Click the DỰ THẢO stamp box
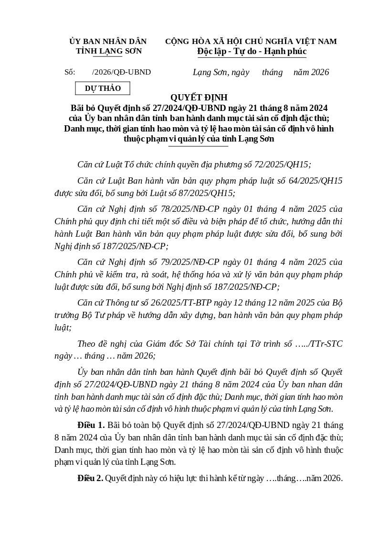click(x=103, y=88)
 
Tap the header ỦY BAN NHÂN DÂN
click(x=108, y=42)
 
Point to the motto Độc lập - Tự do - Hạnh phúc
click(x=252, y=51)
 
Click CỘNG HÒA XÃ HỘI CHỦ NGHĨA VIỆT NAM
click(x=251, y=42)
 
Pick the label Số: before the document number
click(x=70, y=72)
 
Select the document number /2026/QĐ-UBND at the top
click(x=121, y=72)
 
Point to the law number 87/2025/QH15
click(x=206, y=193)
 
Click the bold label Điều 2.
click(x=90, y=478)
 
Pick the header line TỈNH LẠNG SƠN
click(x=108, y=51)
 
